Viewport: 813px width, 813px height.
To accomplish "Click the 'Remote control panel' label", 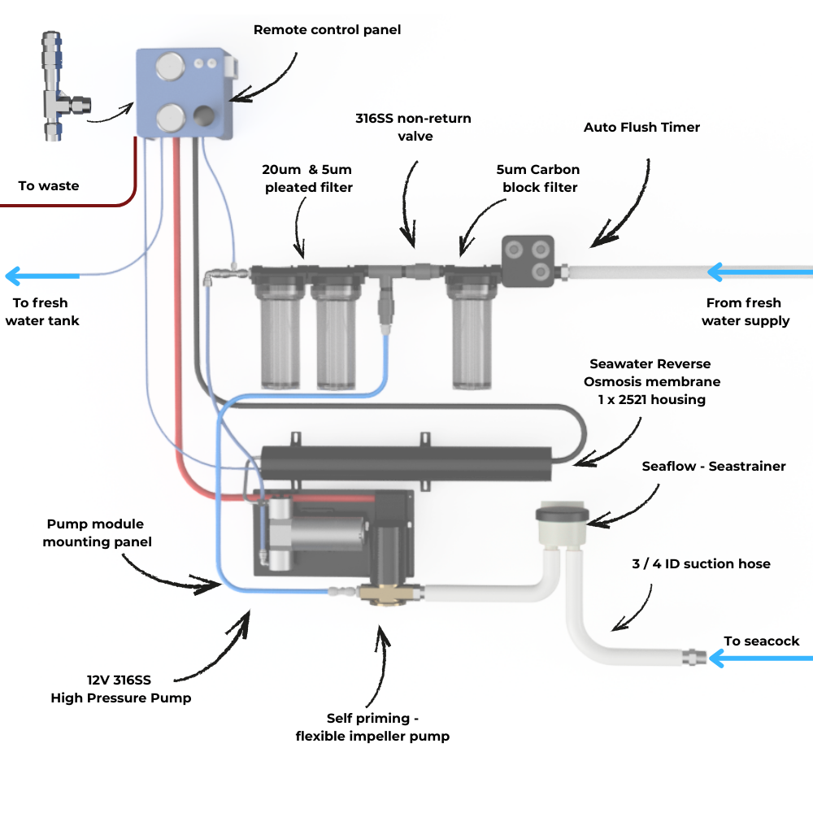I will (327, 30).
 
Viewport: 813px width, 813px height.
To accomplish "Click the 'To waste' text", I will (49, 186).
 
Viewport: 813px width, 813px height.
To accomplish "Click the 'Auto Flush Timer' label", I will (641, 128).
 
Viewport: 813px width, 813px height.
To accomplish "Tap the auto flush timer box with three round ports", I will (528, 260).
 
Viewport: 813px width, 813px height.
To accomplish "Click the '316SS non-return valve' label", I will (413, 127).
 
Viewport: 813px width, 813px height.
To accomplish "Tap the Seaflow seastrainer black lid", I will (561, 515).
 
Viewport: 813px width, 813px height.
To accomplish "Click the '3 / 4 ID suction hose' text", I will (701, 563).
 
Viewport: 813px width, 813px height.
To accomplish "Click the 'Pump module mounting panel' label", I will (98, 533).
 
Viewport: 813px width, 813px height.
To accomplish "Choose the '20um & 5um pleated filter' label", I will (306, 179).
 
